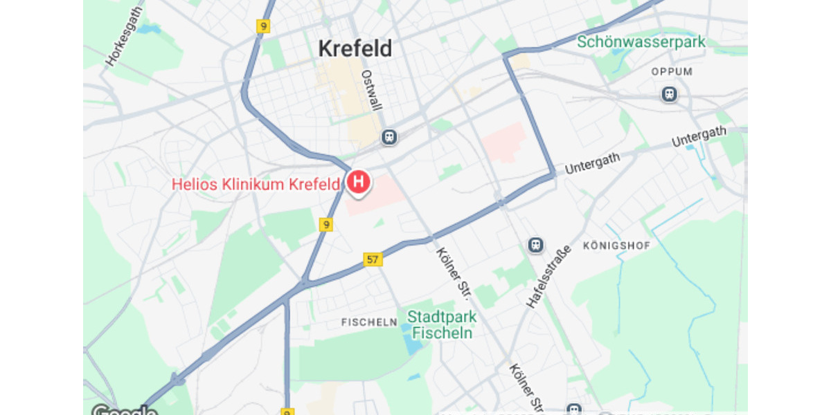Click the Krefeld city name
(355, 49)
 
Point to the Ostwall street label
(371, 90)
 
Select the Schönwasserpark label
(641, 42)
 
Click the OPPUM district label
(672, 72)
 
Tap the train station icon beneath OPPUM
(669, 94)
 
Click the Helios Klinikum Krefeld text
(256, 185)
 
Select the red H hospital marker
(358, 183)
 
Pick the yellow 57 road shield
(373, 259)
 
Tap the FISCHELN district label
(369, 322)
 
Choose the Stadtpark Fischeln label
(442, 324)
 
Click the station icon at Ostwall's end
(389, 137)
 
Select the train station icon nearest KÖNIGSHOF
(535, 245)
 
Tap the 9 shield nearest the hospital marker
(326, 225)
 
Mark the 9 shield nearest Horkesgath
(262, 26)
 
